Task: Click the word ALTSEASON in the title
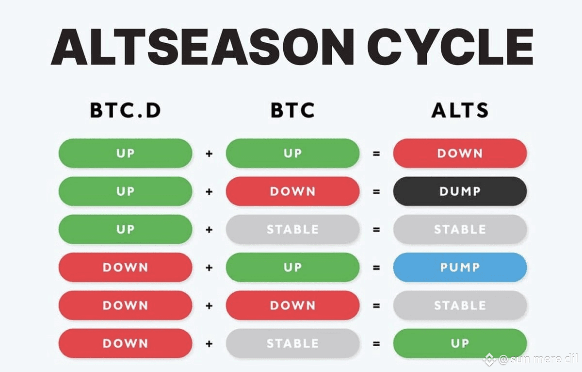tap(203, 47)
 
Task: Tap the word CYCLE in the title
tap(451, 47)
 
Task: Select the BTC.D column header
tap(126, 110)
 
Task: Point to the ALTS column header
tap(460, 110)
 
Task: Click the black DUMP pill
tap(460, 191)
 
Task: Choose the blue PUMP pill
tap(460, 267)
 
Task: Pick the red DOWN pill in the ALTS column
tap(460, 153)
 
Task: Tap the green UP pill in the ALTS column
tap(460, 343)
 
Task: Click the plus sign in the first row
tap(209, 154)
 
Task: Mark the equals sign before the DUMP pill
tap(376, 192)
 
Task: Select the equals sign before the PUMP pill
tap(376, 268)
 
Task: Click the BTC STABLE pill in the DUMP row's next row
tap(293, 229)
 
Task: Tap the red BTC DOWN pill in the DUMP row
tap(293, 191)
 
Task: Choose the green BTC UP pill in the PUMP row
tap(293, 267)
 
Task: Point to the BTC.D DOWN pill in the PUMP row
tap(126, 267)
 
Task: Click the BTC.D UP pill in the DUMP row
tap(126, 191)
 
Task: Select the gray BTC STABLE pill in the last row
tap(293, 343)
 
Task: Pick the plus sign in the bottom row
tap(209, 344)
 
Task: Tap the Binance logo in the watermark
tap(489, 359)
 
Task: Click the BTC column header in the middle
tap(293, 110)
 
